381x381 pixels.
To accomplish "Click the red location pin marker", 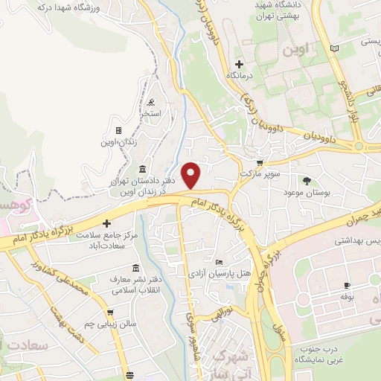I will point(192,174).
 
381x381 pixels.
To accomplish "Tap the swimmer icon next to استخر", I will point(152,102).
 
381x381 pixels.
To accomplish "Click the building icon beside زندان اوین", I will point(118,131).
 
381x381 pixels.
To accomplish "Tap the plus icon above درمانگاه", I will point(238,64).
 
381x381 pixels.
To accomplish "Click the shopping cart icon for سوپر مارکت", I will point(259,163).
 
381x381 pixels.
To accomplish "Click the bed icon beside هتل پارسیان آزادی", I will point(218,262).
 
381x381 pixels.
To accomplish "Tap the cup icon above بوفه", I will point(346,286).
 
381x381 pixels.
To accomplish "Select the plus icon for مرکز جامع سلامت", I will point(106,223).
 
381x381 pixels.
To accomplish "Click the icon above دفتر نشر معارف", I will point(135,268).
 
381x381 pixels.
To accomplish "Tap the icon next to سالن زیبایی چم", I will point(110,313).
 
